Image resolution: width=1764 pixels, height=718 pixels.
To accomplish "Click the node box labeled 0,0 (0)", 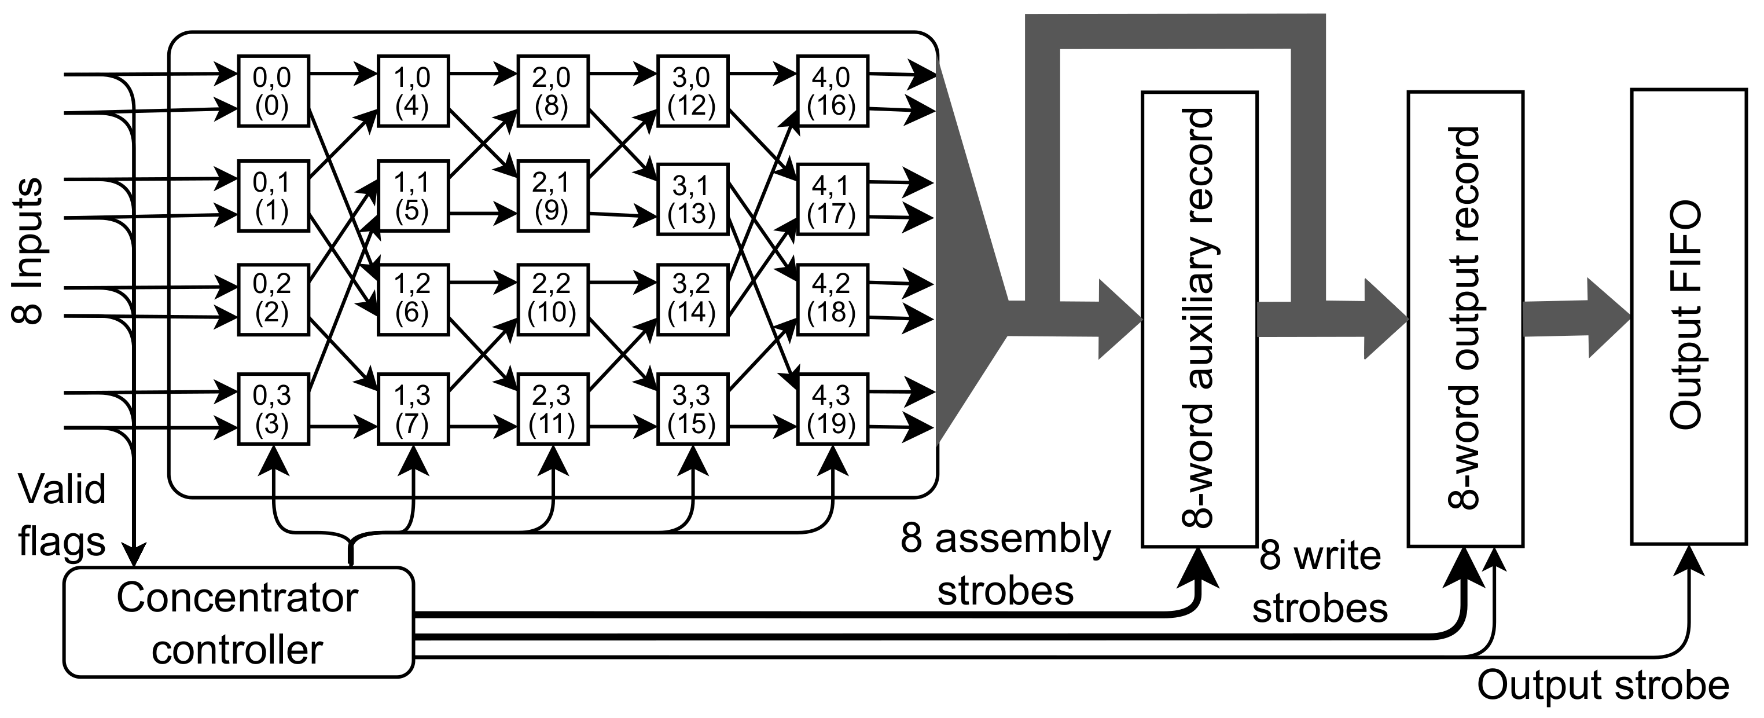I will coord(273,90).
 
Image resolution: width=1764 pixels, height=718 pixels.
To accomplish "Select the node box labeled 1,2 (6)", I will coord(412,299).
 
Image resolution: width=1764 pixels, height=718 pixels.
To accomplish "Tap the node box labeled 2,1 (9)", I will coord(552,196).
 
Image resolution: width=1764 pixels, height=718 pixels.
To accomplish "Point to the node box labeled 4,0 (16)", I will coord(832,90).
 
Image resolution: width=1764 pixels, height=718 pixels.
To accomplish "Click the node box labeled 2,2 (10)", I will coord(552,299).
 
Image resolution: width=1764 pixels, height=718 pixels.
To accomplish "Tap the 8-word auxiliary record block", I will coord(1200,318).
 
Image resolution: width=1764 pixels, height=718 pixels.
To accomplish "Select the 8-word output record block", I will coord(1465,318).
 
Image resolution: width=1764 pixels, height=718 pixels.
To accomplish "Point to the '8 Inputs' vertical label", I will coord(29,251).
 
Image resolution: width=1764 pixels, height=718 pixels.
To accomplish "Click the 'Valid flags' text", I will coord(61,515).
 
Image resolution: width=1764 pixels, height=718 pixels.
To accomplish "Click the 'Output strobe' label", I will coord(1603,685).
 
